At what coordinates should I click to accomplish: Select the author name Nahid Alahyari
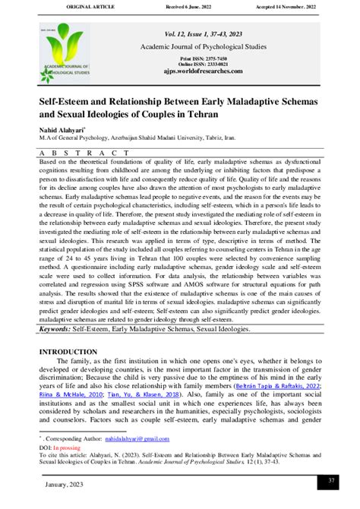[65, 130]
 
